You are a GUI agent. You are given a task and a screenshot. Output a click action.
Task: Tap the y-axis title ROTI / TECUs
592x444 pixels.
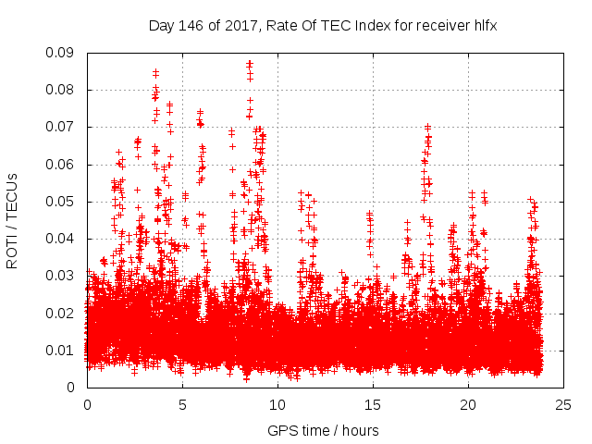click(13, 220)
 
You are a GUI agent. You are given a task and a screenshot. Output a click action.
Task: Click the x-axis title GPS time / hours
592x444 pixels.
click(323, 430)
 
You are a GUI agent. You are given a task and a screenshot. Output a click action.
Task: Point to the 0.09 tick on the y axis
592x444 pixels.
click(62, 53)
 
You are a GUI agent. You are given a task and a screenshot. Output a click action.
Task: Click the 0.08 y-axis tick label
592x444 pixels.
click(62, 90)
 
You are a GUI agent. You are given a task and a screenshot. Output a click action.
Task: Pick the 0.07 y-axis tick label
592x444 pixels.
click(62, 127)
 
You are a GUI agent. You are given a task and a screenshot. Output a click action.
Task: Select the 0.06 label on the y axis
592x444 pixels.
click(62, 165)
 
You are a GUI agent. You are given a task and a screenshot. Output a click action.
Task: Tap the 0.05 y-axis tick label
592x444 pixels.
click(62, 202)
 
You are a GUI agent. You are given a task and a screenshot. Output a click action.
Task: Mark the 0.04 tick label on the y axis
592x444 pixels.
click(62, 239)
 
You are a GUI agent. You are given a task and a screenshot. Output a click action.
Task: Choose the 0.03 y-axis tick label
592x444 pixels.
click(62, 276)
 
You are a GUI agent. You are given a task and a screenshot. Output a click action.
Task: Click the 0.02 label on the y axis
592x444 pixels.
click(62, 313)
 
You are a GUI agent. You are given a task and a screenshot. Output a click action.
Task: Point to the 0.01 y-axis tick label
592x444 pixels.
click(62, 350)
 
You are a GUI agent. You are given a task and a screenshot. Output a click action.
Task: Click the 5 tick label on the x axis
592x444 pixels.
click(182, 404)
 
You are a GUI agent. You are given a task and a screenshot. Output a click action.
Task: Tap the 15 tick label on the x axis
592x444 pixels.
click(373, 404)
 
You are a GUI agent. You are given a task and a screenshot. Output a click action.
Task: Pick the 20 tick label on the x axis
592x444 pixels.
click(468, 404)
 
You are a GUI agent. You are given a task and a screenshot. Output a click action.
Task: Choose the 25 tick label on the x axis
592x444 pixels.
click(563, 404)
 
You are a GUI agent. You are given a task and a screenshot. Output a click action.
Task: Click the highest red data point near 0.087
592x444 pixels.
click(250, 64)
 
